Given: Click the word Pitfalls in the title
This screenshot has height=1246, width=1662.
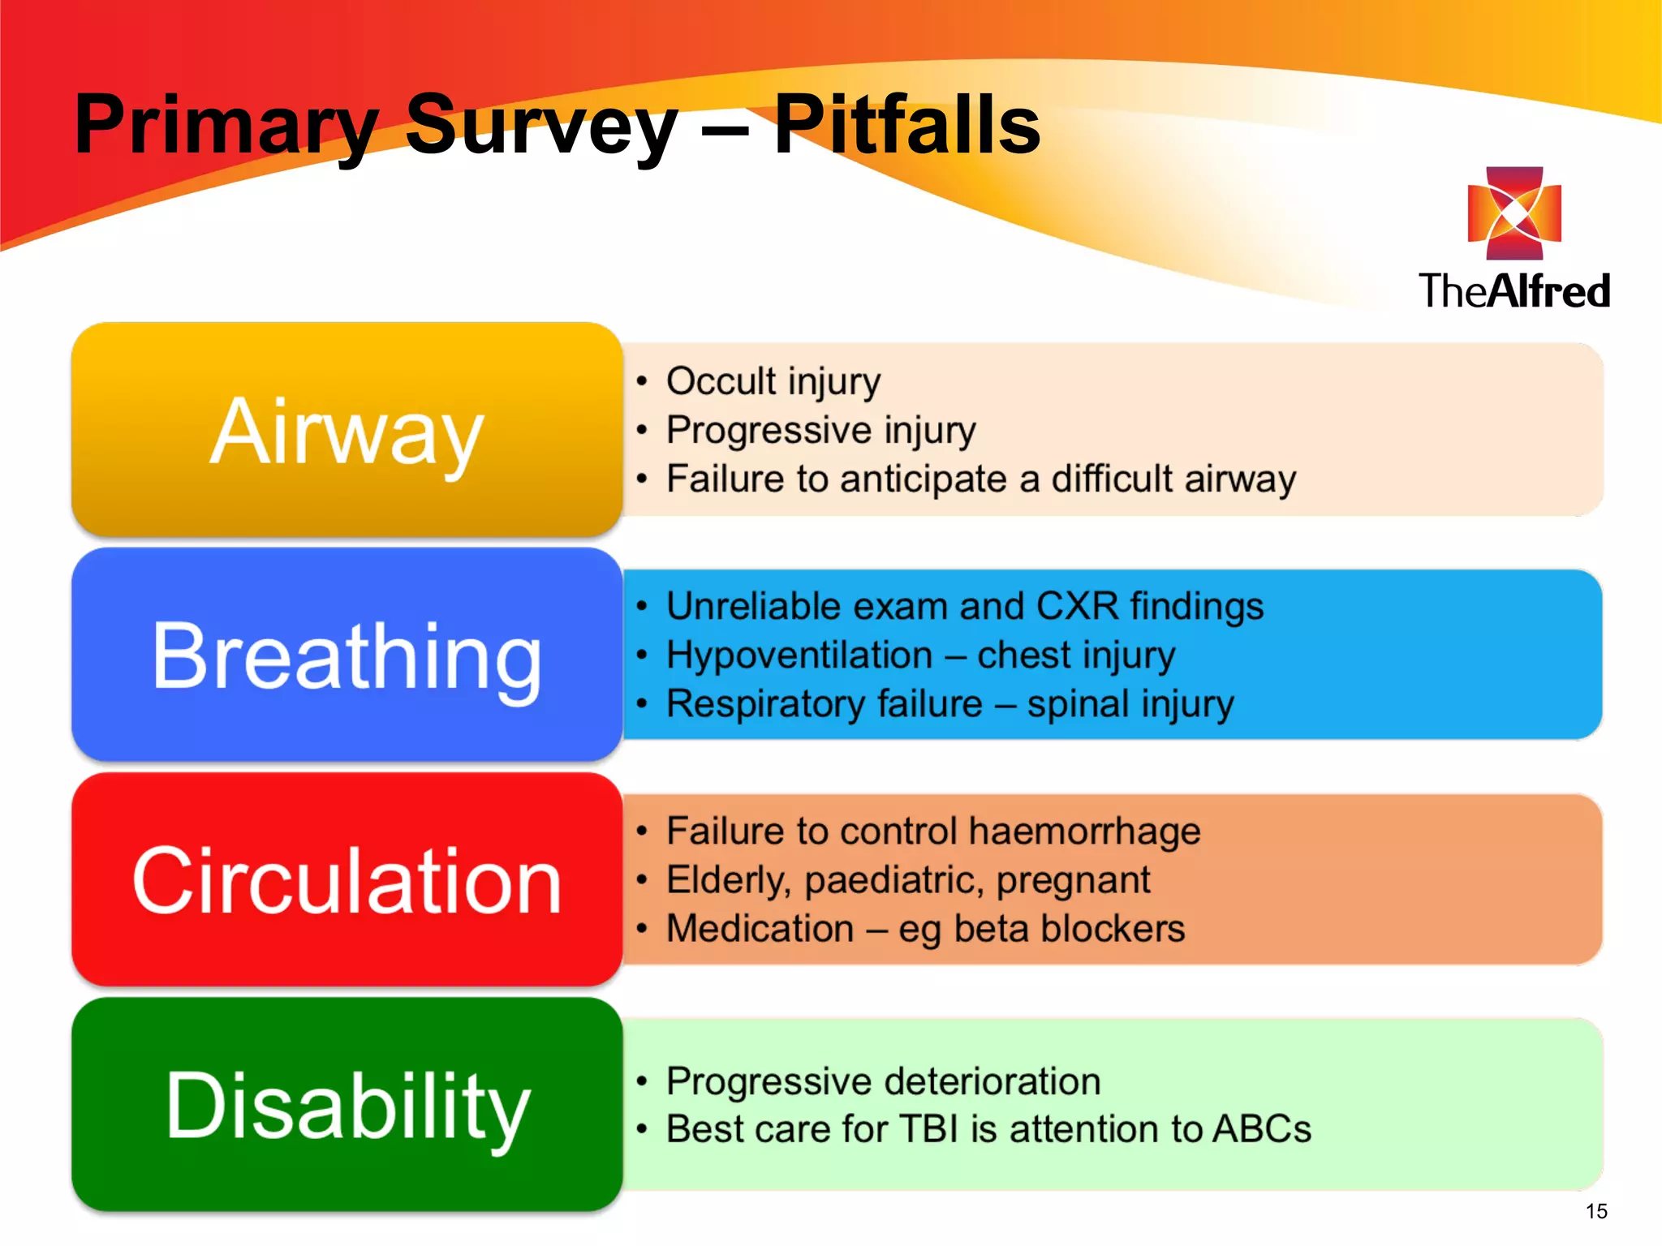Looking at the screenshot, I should (x=906, y=126).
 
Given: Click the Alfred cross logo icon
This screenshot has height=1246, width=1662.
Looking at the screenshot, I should (x=1514, y=213).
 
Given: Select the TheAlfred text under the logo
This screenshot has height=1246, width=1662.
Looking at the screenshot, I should (x=1514, y=291).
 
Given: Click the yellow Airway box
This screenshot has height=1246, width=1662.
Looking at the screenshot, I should (x=347, y=430).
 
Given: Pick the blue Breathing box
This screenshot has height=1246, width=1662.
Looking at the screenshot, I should (x=347, y=655).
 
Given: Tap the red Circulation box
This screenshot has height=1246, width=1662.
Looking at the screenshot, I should (x=347, y=880).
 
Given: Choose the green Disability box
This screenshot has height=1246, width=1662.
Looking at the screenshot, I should (x=347, y=1105).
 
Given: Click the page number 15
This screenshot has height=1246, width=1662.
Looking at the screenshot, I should (x=1595, y=1211).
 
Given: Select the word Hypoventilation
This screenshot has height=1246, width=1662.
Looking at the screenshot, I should (x=799, y=655).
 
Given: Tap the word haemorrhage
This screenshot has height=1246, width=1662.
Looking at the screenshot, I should (x=1084, y=831).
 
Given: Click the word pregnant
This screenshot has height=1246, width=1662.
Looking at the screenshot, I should (x=1073, y=881).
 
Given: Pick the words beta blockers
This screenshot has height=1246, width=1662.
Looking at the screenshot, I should (x=1069, y=929).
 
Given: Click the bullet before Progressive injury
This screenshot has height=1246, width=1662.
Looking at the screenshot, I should (x=642, y=430).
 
